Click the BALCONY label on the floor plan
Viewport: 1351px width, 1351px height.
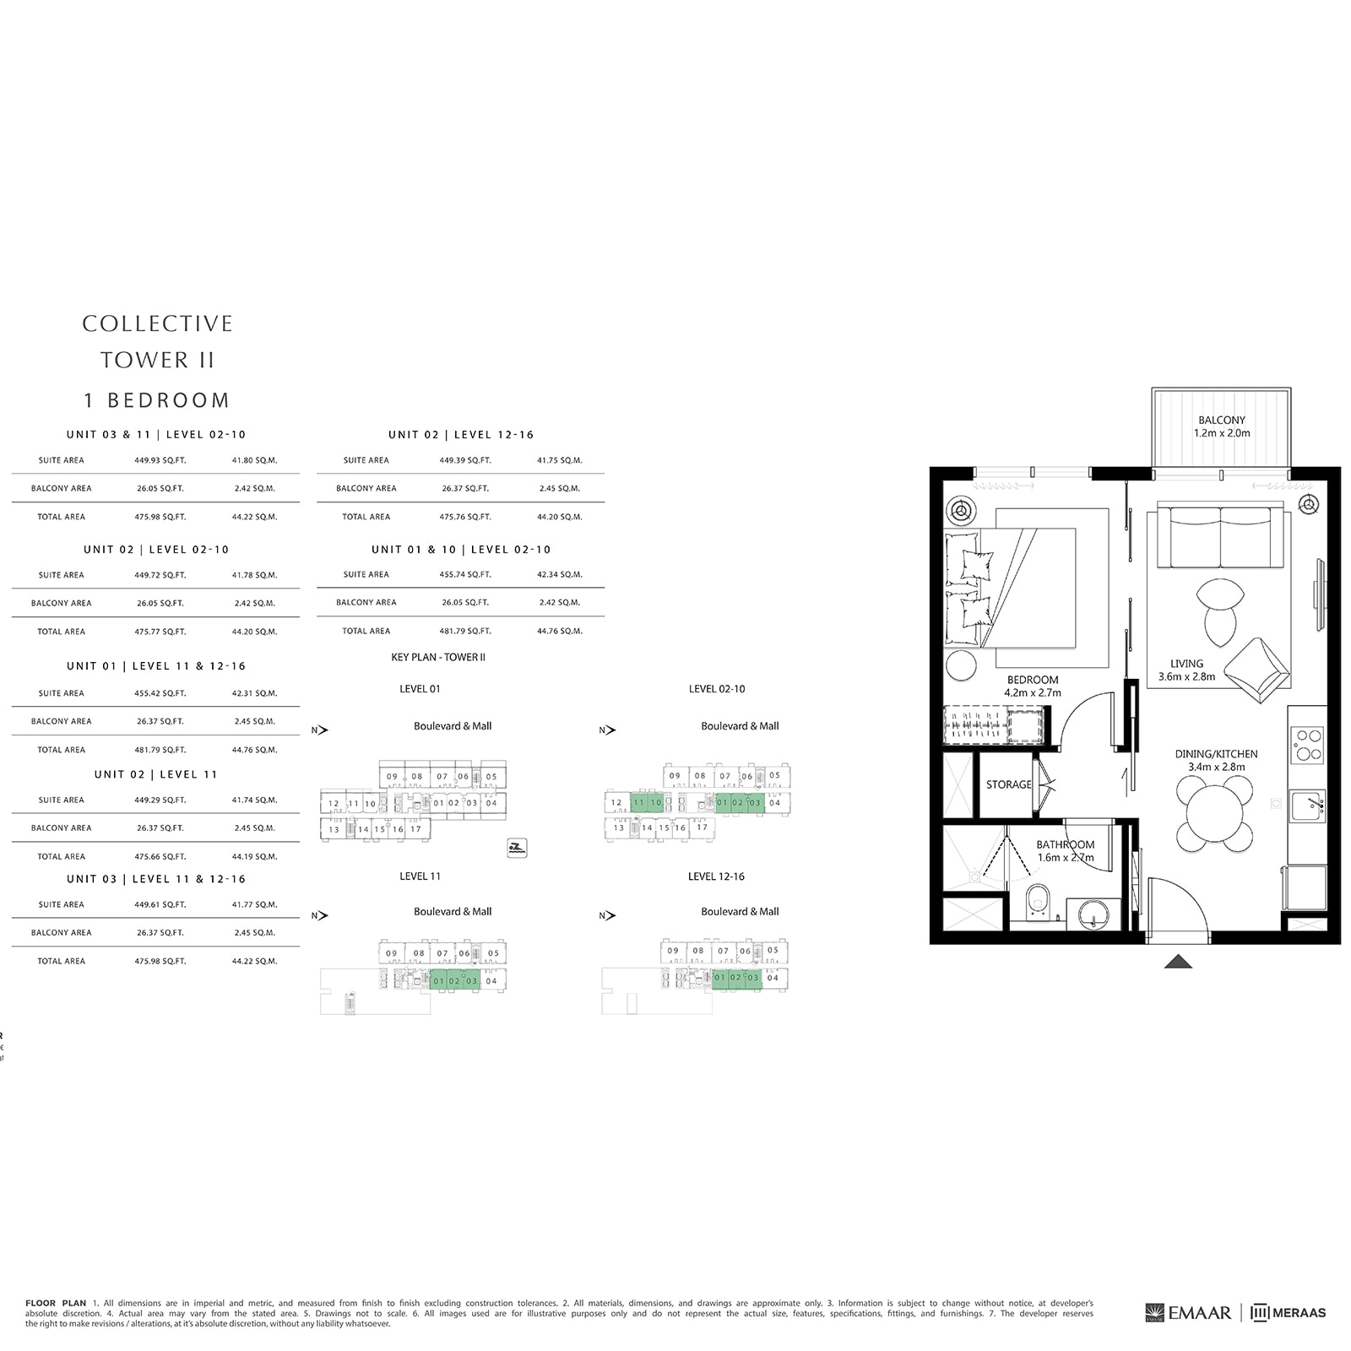coord(1221,420)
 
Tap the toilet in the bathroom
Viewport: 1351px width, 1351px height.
coord(1038,901)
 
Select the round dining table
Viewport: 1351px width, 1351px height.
coord(1214,813)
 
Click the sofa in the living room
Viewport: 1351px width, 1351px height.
coord(1220,539)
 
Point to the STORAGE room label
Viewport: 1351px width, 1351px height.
coord(1008,784)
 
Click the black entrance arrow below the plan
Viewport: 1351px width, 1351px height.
coord(1178,961)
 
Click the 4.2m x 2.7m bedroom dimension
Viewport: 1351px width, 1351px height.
coord(1032,692)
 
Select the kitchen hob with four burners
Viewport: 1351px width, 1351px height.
coord(1307,745)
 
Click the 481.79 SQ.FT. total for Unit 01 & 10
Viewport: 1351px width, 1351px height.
coord(465,631)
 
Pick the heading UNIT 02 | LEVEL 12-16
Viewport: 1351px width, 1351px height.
coord(461,435)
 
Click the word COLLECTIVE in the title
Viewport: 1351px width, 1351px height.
coord(157,323)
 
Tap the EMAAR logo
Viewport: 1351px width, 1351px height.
coord(1189,1313)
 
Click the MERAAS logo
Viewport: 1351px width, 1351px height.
coord(1289,1313)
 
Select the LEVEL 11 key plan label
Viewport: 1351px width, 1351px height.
coord(420,876)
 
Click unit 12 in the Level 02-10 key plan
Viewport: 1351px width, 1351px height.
coord(616,803)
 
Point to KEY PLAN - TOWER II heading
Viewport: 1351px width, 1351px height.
coord(438,657)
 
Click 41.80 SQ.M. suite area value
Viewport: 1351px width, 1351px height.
coord(254,460)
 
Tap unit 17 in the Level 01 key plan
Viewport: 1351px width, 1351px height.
coord(415,829)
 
